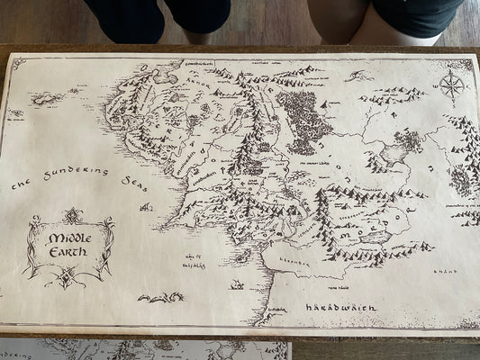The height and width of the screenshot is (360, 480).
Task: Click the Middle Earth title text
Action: (68, 245)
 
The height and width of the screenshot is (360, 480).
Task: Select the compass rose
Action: (452, 86)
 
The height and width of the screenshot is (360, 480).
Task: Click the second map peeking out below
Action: (144, 349)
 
